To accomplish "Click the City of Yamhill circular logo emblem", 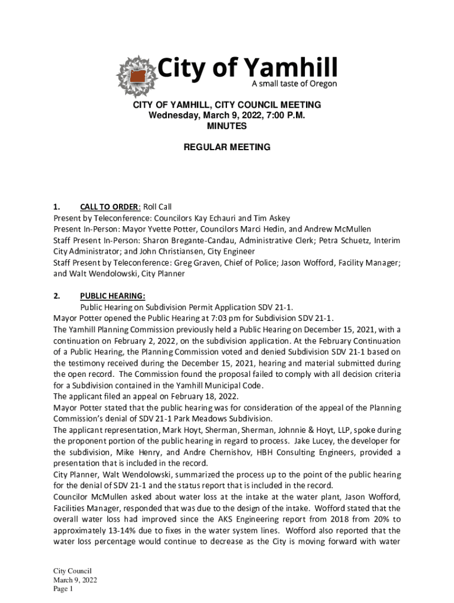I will click(x=137, y=76).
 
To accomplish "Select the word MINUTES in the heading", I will click(x=226, y=126).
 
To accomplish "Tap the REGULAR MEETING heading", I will click(x=226, y=147).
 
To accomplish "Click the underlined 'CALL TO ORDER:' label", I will click(x=110, y=207).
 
